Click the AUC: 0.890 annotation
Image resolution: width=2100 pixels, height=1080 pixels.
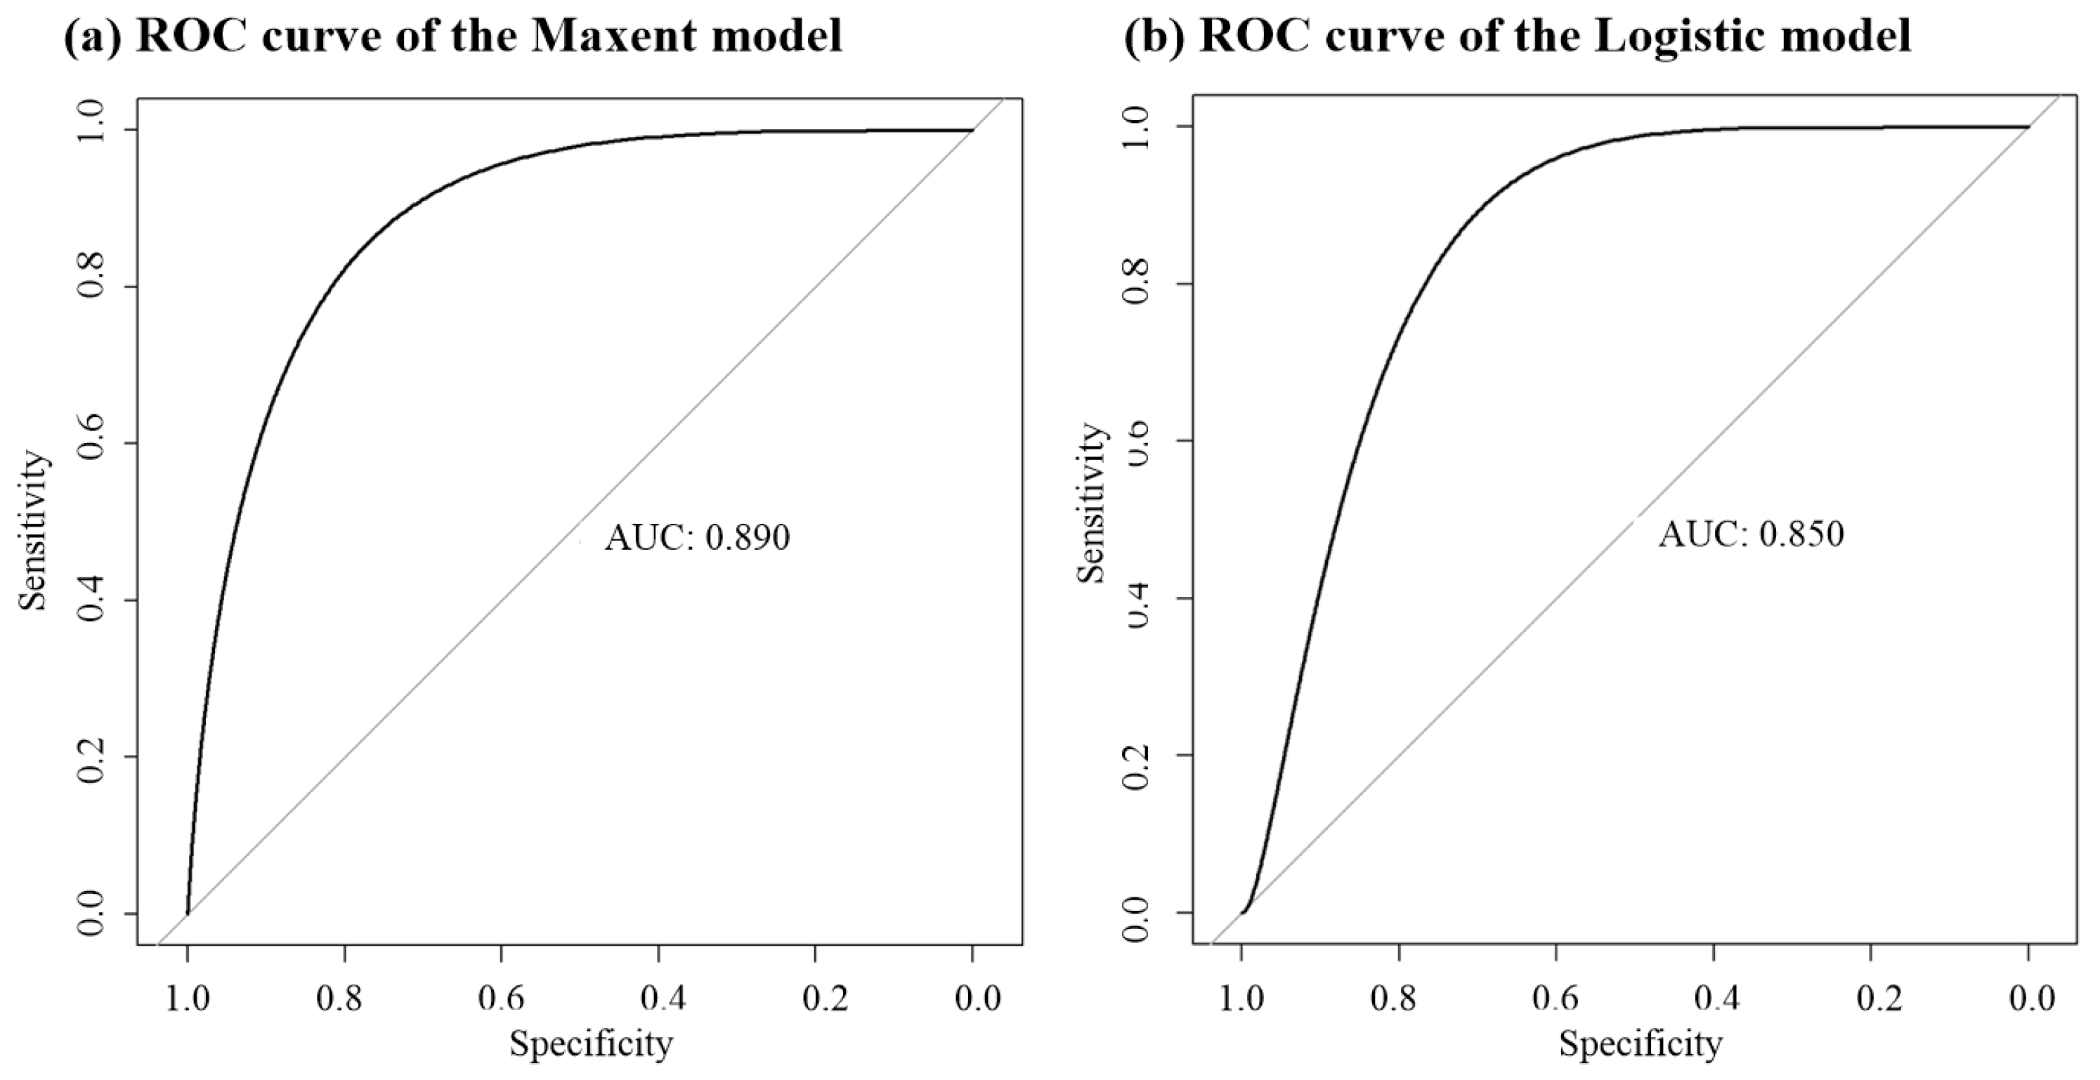(x=697, y=538)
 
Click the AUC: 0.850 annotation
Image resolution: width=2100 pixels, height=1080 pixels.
(x=1750, y=534)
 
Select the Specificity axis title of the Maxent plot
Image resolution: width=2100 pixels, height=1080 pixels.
(x=591, y=1043)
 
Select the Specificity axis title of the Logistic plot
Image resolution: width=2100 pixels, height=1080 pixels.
(x=1641, y=1043)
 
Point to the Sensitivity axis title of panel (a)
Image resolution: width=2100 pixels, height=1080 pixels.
(x=34, y=532)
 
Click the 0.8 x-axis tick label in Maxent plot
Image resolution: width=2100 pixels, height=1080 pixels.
(x=345, y=998)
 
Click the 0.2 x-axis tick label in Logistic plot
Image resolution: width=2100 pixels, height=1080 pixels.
(x=1871, y=998)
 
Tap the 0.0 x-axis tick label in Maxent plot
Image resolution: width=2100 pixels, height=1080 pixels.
(x=972, y=998)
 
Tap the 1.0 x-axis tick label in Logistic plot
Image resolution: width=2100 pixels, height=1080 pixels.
(x=1241, y=998)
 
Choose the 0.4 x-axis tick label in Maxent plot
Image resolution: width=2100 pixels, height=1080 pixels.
(x=659, y=998)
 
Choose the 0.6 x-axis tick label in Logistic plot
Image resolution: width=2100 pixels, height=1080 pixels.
(x=1556, y=998)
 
